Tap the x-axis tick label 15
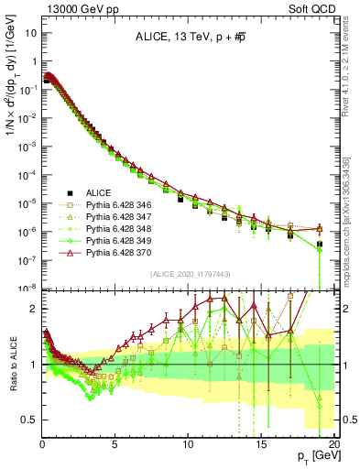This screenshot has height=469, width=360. click(263, 444)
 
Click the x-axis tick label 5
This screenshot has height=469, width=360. click(115, 444)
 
